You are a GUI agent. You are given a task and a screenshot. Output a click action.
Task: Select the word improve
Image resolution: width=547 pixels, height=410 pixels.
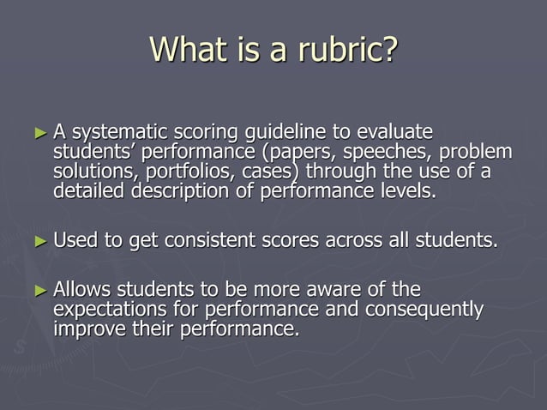tap(87, 328)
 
